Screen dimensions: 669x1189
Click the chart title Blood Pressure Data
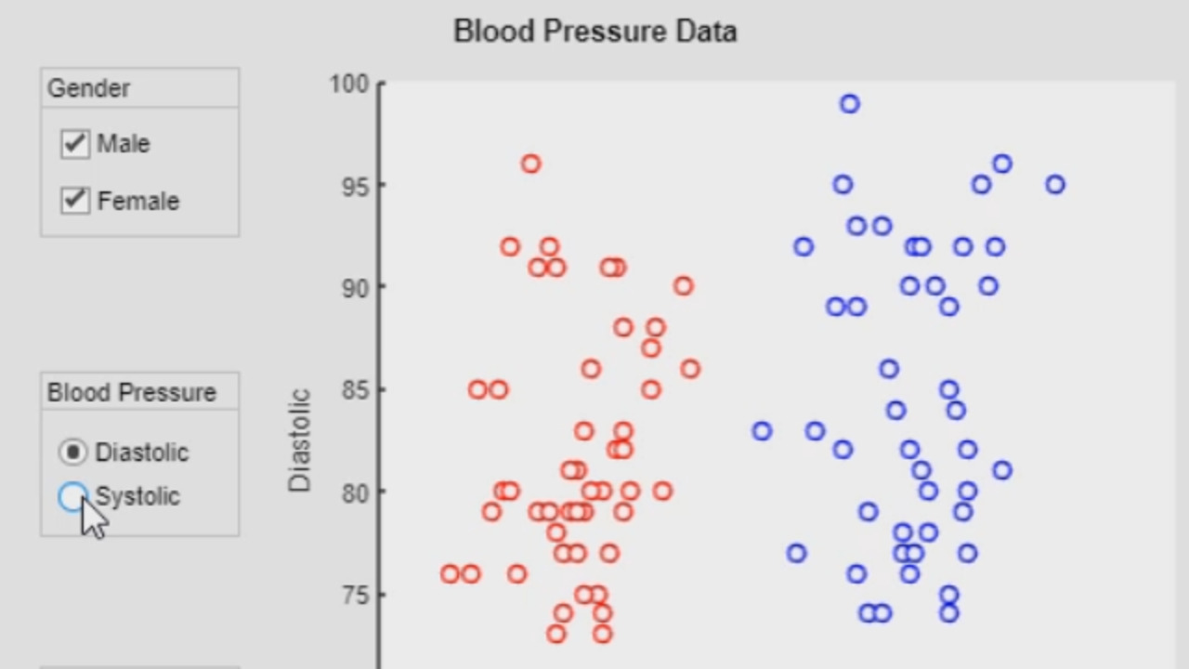coord(594,31)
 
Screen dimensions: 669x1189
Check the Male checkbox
coord(75,144)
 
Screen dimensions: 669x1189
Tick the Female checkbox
coord(75,201)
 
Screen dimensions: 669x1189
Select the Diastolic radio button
coord(72,453)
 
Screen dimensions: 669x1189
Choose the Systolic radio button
coord(72,497)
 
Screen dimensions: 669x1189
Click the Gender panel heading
coord(89,88)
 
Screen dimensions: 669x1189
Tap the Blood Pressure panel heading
coord(132,392)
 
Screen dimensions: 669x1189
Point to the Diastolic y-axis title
coord(299,440)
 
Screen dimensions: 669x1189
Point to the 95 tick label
coord(354,186)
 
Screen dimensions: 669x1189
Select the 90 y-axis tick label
coord(354,287)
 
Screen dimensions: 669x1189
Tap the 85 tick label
coord(354,389)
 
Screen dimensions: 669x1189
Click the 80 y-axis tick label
coord(354,492)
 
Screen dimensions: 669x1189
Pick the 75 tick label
coord(354,594)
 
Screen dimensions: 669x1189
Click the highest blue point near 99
coord(850,104)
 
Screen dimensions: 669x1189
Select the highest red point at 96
coord(530,164)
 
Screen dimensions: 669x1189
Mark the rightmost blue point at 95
coord(1055,184)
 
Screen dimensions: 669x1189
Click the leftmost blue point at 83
coord(762,430)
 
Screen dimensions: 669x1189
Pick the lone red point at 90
coord(684,286)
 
